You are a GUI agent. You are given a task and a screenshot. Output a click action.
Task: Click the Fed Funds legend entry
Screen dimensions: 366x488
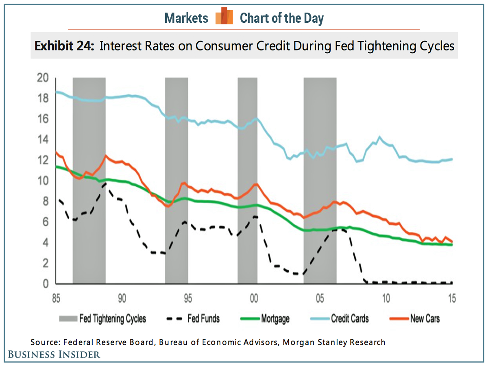coord(203,318)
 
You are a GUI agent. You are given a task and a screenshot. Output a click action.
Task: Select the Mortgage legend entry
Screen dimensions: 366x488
coord(275,318)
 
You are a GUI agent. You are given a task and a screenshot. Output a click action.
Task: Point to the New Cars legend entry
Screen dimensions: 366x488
coord(425,318)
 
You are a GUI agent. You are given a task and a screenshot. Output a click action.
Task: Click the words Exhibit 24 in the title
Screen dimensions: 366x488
coord(64,46)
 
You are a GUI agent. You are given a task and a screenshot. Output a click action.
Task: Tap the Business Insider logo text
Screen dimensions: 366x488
coord(53,354)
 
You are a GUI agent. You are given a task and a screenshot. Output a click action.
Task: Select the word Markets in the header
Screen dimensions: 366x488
coord(186,18)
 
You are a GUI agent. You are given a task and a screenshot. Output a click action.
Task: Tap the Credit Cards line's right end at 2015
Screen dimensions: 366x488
coord(452,159)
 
